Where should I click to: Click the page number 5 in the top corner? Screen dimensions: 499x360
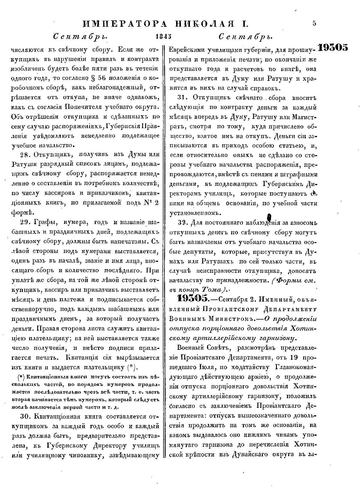[x=314, y=23]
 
